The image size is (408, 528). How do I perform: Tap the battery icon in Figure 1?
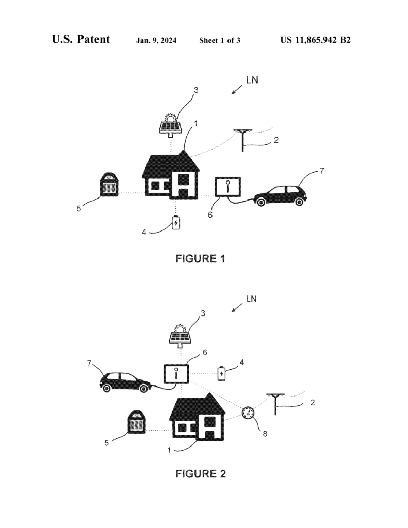coord(176,223)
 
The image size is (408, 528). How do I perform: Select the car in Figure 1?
coord(280,195)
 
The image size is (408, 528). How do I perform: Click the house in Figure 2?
coord(198,417)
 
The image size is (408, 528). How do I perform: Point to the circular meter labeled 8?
coord(249,412)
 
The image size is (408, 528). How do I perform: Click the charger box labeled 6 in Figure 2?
coord(176,374)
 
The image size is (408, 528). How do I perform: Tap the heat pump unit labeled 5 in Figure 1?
coord(109,185)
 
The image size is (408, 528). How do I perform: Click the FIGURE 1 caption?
coord(201,259)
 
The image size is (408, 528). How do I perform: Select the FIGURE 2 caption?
coord(201,474)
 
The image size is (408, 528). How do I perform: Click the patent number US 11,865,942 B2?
coord(315,40)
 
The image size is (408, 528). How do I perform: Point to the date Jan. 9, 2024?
coord(156,40)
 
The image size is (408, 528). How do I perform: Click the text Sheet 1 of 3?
coord(220,40)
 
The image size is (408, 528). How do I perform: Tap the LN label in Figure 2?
coord(251,299)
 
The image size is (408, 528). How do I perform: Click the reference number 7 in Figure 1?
coord(322,171)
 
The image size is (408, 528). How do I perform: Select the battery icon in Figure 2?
coord(221,373)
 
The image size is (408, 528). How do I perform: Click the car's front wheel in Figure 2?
coord(144,388)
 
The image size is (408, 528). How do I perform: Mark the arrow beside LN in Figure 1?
coord(237,90)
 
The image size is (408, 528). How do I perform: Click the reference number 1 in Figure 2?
coord(169,450)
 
